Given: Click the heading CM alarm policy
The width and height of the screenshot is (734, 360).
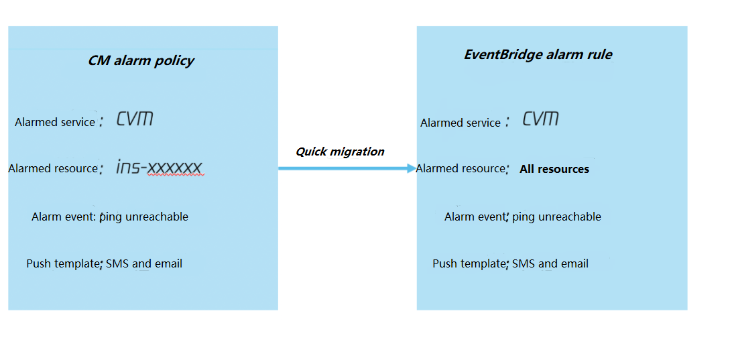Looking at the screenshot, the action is (x=141, y=61).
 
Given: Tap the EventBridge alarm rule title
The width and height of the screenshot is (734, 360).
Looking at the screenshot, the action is (x=538, y=55).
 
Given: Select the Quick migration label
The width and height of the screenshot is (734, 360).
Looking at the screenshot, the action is (x=340, y=152).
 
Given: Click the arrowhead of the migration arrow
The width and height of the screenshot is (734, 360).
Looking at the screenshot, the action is (x=412, y=168).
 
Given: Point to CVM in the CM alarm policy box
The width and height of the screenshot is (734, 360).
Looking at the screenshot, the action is (x=135, y=119).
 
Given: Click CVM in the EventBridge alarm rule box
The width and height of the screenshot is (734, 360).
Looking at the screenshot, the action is (x=541, y=119).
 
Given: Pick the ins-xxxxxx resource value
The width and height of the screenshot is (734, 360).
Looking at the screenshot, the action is (x=159, y=167).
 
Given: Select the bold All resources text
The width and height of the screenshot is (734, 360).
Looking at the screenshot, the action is (x=554, y=170).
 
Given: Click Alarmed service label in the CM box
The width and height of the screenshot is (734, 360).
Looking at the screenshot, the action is (x=55, y=122).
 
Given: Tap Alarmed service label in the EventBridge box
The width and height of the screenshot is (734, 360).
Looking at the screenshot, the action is (x=461, y=123).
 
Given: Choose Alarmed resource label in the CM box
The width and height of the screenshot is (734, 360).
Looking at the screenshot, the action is (x=52, y=168).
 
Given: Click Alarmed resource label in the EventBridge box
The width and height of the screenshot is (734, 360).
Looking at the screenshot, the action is (x=460, y=168).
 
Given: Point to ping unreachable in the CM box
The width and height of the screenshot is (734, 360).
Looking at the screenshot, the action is (x=144, y=217).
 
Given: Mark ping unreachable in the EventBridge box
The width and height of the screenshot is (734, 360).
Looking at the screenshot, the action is (x=556, y=217).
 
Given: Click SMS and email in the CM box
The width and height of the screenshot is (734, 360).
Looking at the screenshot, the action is (x=144, y=263).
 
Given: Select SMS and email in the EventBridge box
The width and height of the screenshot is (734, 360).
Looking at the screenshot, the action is (x=550, y=263).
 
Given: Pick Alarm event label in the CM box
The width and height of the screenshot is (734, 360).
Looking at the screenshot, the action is (x=64, y=217).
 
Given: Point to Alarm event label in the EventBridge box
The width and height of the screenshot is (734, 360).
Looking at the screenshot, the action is (x=474, y=217).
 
